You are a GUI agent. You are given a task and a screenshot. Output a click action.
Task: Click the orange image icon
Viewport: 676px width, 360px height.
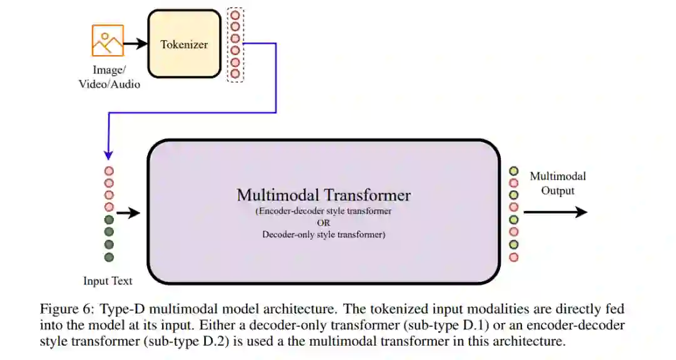[108, 41]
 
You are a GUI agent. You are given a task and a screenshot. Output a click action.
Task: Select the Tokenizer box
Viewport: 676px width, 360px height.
[184, 44]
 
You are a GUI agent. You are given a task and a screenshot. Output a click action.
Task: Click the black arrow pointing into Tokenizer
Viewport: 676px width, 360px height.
[135, 44]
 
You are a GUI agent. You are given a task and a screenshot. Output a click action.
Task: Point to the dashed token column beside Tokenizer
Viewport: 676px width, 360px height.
[235, 44]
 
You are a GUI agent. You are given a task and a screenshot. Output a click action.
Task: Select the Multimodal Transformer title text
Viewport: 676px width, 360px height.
[324, 195]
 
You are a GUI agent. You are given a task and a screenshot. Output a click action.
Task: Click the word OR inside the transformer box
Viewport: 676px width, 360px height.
[324, 223]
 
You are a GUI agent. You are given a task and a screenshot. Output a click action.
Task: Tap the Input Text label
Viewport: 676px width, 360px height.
[108, 281]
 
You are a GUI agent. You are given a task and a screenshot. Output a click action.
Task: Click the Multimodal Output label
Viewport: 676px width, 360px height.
[558, 183]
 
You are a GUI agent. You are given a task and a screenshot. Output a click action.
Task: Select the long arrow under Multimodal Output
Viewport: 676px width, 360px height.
[555, 212]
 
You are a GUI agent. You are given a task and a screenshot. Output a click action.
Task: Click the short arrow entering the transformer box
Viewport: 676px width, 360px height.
[128, 213]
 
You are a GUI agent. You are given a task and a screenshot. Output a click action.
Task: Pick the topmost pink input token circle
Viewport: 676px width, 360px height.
[109, 170]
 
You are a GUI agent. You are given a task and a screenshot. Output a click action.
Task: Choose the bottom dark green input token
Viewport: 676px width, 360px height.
[109, 257]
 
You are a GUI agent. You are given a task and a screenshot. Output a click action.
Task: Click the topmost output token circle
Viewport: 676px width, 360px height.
[514, 170]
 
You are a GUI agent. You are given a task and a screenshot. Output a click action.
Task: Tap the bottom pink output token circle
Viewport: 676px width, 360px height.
[514, 257]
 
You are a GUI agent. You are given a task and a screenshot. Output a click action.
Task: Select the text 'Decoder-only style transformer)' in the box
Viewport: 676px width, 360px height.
[324, 235]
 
